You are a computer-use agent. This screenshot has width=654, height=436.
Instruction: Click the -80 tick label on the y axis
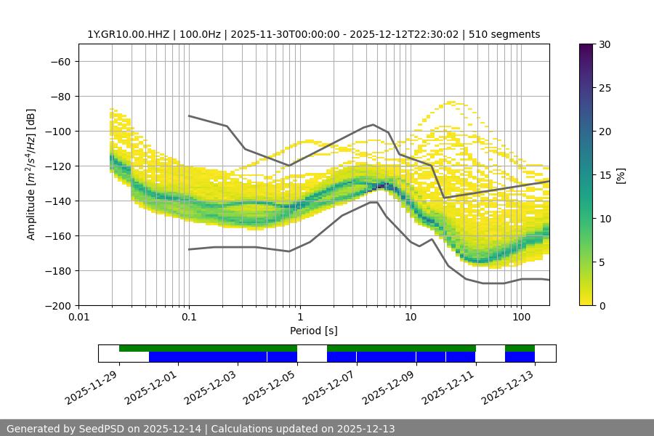[60, 96]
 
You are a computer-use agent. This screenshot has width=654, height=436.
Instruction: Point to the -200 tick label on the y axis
[57, 305]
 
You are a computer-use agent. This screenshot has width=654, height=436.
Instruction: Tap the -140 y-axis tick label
[57, 201]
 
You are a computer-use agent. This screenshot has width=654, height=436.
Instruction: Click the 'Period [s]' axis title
[314, 331]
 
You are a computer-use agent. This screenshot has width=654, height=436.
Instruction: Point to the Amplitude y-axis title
[31, 174]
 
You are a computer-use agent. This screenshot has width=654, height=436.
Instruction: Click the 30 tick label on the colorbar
[603, 44]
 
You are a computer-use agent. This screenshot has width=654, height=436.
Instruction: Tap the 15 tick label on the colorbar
[603, 175]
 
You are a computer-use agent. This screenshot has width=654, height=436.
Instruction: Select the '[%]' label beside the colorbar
[621, 175]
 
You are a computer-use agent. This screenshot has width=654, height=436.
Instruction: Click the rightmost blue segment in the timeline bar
[520, 357]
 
